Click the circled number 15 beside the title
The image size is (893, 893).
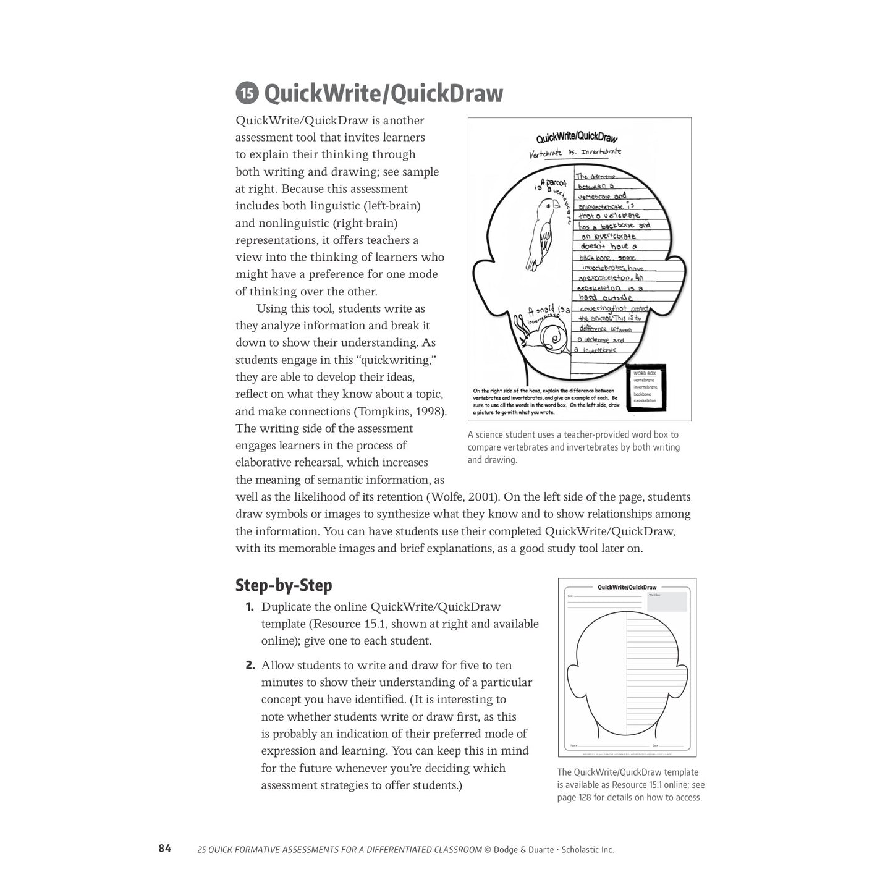[247, 94]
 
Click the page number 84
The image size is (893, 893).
[164, 849]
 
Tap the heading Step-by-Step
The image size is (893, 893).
[284, 585]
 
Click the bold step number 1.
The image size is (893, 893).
[250, 607]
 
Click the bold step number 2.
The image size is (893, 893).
[250, 666]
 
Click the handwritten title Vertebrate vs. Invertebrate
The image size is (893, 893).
[575, 152]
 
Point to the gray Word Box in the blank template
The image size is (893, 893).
[666, 601]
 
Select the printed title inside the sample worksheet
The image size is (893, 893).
[577, 138]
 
